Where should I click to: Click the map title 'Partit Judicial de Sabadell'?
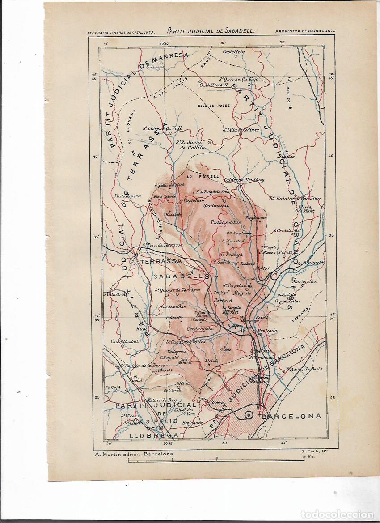[211, 31]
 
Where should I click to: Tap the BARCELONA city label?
[292, 416]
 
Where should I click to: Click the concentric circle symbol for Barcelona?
[249, 416]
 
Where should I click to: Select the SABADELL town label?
[178, 276]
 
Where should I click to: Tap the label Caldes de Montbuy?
[245, 180]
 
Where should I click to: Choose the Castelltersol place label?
[214, 85]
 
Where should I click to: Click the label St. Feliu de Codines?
[241, 130]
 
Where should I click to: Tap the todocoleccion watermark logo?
[338, 514]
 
